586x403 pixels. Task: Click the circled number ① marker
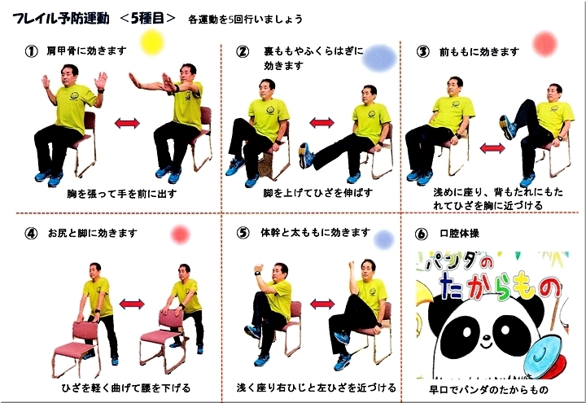point(32,51)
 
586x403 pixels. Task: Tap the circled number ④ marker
point(31,234)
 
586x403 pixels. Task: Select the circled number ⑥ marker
point(422,234)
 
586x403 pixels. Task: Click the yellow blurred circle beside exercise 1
point(152,42)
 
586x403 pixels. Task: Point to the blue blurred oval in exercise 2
point(379,58)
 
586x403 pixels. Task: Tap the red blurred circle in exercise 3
point(544,44)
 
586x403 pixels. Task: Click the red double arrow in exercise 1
point(127,124)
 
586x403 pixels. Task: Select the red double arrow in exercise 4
point(132,304)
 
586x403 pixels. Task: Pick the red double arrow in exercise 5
point(322,304)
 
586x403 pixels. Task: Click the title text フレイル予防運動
point(61,18)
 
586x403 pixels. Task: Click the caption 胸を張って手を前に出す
point(122,194)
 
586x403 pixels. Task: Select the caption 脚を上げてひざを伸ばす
point(318,193)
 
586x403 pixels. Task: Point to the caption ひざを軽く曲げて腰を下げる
point(126,388)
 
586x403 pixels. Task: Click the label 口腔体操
point(459,234)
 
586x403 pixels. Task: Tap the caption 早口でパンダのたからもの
point(488,389)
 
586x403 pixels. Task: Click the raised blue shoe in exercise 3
point(508,127)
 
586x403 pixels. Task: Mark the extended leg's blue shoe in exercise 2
point(307,156)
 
